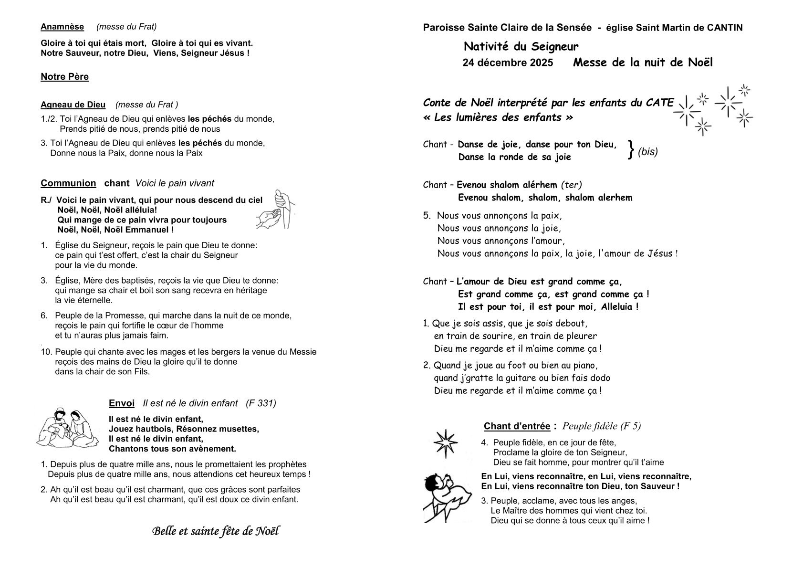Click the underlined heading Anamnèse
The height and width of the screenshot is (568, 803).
[x=62, y=27]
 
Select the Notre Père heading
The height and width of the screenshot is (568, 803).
[x=64, y=77]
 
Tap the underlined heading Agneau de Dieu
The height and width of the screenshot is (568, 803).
[x=73, y=105]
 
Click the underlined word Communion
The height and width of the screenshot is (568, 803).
[x=68, y=183]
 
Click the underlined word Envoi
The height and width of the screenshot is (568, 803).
[x=122, y=403]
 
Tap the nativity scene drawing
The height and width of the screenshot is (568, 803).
[x=68, y=427]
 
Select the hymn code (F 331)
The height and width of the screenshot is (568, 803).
[x=261, y=403]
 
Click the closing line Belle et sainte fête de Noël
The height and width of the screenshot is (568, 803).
[x=216, y=531]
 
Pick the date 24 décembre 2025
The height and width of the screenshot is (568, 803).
[x=508, y=63]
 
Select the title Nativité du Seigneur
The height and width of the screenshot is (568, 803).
[x=521, y=47]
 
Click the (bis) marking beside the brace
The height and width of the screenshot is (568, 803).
[x=647, y=152]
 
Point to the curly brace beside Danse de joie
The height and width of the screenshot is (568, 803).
[x=631, y=150]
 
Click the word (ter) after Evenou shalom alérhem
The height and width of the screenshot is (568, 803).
[x=571, y=185]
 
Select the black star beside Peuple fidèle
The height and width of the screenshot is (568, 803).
[x=445, y=443]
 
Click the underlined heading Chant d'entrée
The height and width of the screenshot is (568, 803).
[x=517, y=426]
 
